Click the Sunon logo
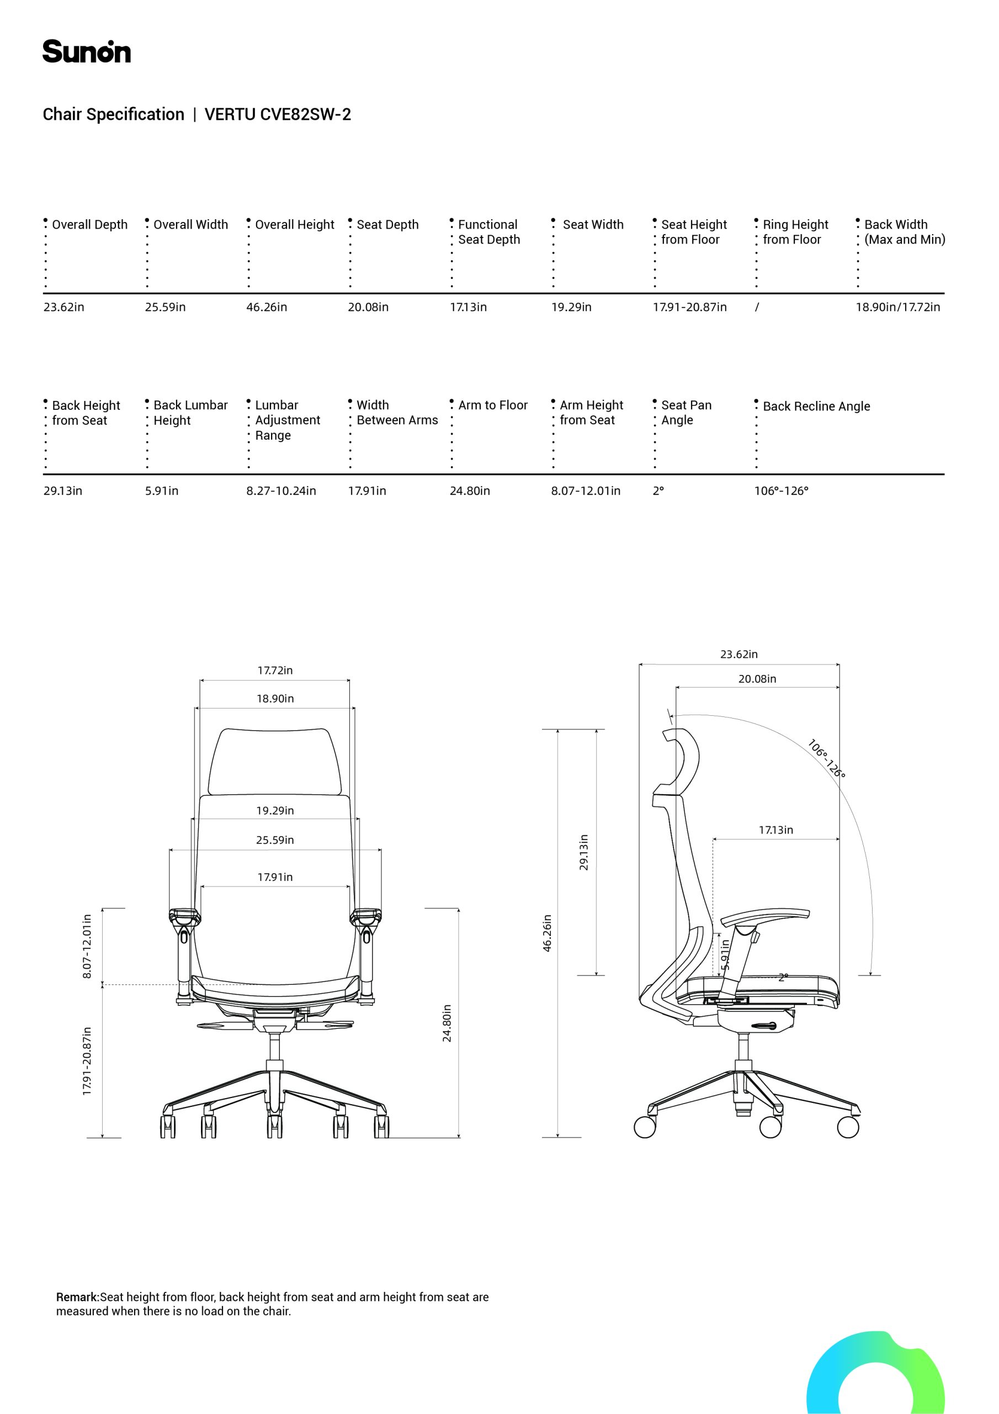coord(86,52)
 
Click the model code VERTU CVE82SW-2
coord(278,114)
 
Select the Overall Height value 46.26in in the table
coord(267,307)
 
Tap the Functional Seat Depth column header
coord(488,232)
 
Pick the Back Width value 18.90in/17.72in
coord(898,307)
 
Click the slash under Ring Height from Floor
coord(757,307)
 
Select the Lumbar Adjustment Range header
coord(288,420)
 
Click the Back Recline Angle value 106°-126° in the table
coord(781,491)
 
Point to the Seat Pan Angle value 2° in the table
coord(658,491)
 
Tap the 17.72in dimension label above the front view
coord(275,670)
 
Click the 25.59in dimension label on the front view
coord(275,840)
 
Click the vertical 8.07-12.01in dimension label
coord(87,946)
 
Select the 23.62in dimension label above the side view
coord(738,654)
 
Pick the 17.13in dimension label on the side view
coord(775,830)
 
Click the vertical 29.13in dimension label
coord(583,852)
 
